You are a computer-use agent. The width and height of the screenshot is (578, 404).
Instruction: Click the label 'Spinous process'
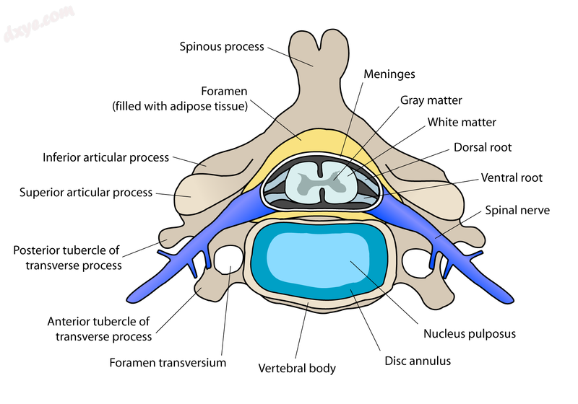pos(223,47)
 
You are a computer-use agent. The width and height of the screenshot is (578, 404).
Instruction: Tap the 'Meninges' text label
pos(389,74)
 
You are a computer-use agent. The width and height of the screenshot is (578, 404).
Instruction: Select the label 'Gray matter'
pos(431,100)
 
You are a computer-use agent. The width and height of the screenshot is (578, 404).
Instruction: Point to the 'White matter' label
pos(462,123)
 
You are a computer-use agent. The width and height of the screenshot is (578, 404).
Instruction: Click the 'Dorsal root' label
pos(483,147)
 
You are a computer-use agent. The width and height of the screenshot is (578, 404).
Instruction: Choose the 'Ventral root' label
pos(512,177)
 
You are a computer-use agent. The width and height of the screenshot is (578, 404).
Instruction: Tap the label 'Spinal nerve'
pos(517,211)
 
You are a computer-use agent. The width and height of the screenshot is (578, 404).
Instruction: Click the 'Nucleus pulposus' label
pos(470,334)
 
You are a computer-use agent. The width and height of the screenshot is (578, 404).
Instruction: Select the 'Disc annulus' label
pos(417,359)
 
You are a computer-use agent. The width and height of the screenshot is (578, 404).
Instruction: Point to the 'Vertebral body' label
pos(297,368)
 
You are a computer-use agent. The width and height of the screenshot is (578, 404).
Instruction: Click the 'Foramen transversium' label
pos(168,362)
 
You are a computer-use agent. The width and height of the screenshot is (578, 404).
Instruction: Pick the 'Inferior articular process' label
pos(105,157)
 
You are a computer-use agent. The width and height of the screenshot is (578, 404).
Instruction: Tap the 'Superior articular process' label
pos(86,193)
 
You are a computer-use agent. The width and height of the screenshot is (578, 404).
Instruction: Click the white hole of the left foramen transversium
pos(229,259)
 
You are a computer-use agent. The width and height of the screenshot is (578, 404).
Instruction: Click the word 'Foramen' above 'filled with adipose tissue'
pos(224,92)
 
